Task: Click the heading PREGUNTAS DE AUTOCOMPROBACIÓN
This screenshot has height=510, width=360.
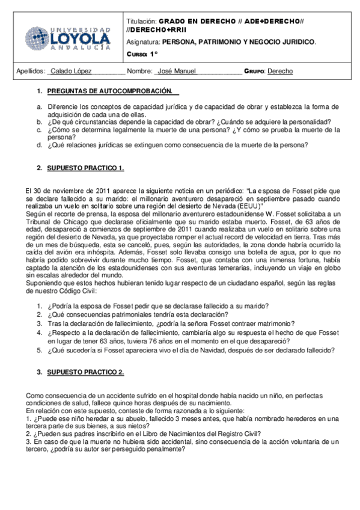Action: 109,91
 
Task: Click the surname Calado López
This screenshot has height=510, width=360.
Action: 72,71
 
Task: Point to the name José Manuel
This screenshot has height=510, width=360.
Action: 176,71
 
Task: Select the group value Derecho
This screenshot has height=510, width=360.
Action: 280,71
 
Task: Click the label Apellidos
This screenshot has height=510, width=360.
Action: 31,71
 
